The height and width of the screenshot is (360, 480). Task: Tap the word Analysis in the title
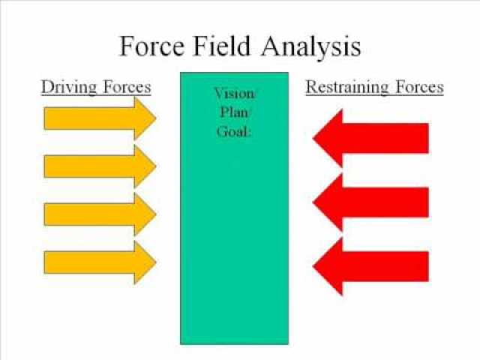[x=310, y=47]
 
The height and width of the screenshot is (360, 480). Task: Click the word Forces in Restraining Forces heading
[x=418, y=87]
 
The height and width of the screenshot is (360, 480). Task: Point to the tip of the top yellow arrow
[x=155, y=118]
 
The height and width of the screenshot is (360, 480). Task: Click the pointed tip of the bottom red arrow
[x=313, y=266]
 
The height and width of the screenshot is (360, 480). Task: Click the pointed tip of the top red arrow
[x=313, y=138]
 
